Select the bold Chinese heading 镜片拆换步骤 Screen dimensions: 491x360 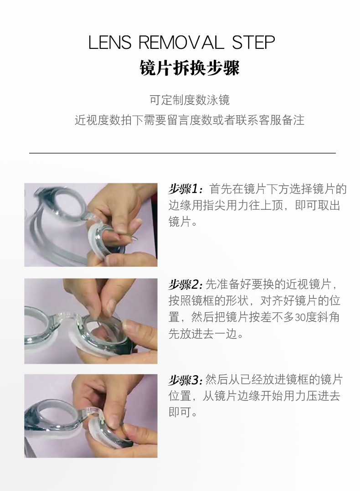click(189, 68)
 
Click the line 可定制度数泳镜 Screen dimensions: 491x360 click(189, 100)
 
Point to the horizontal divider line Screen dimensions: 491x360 click(182, 153)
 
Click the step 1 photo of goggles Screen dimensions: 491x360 click(91, 225)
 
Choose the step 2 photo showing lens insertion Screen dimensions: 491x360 click(91, 321)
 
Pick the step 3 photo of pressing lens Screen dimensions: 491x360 click(91, 416)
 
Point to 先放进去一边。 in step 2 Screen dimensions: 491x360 click(206, 334)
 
